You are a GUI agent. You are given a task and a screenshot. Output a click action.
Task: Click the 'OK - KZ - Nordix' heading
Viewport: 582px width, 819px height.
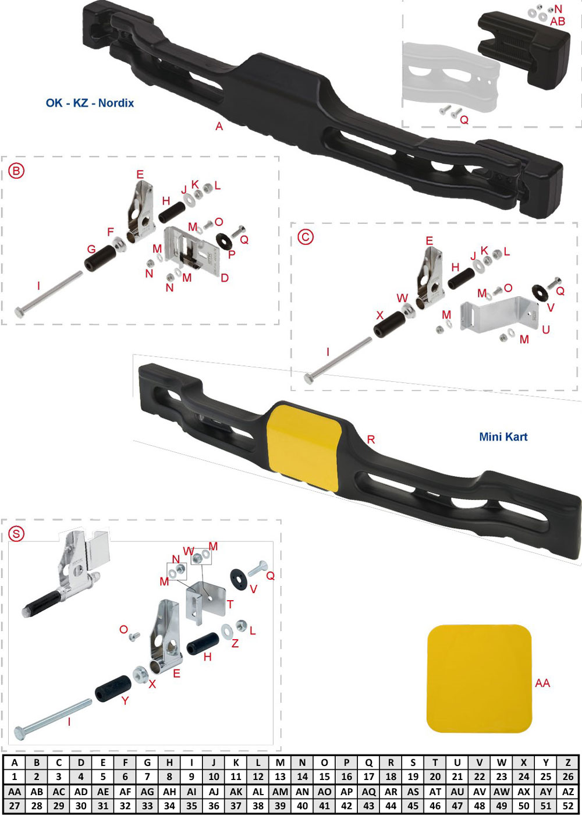pyautogui.click(x=90, y=103)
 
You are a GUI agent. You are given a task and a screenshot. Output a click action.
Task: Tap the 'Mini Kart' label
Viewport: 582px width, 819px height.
pyautogui.click(x=503, y=437)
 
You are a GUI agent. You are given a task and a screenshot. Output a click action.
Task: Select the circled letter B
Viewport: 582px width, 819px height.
pyautogui.click(x=16, y=171)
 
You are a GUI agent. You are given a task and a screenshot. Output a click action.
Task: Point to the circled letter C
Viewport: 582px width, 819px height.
pyautogui.click(x=306, y=237)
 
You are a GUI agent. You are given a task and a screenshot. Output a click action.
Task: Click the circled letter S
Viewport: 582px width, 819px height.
pyautogui.click(x=16, y=534)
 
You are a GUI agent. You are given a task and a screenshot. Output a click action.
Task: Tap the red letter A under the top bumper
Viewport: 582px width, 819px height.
pyautogui.click(x=219, y=126)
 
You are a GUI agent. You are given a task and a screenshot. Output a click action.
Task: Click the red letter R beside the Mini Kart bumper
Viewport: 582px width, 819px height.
pyautogui.click(x=371, y=439)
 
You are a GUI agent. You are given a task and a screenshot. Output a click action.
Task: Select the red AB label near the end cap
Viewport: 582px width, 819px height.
pyautogui.click(x=558, y=22)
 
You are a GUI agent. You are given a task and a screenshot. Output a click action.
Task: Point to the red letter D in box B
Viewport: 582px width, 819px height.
pyautogui.click(x=225, y=278)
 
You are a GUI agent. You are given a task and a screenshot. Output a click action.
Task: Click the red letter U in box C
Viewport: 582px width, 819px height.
pyautogui.click(x=545, y=330)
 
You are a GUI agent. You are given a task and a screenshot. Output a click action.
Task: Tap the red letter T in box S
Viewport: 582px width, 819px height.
pyautogui.click(x=230, y=604)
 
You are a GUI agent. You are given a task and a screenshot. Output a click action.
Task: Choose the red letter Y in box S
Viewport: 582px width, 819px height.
pyautogui.click(x=125, y=700)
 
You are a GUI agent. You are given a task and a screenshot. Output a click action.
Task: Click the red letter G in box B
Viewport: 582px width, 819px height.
pyautogui.click(x=91, y=249)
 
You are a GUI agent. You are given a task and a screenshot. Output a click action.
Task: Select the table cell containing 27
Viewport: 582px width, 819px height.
pyautogui.click(x=15, y=806)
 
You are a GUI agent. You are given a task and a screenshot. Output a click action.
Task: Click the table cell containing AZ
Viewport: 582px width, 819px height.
pyautogui.click(x=568, y=792)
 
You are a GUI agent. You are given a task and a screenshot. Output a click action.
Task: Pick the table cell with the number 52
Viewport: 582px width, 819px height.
pyautogui.click(x=568, y=806)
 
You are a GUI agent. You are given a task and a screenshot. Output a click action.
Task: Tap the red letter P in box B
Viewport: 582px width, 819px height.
pyautogui.click(x=232, y=254)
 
